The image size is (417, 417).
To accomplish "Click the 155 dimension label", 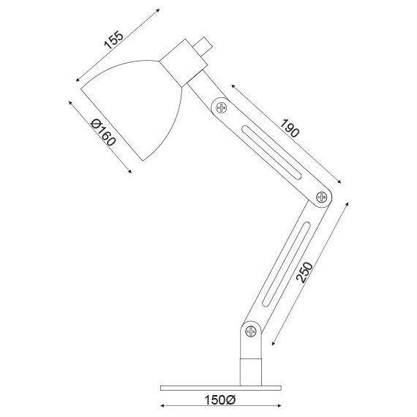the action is [114, 40].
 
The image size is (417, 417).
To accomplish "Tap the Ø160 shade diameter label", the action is [103, 132].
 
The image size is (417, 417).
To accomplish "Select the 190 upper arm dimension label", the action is [290, 128].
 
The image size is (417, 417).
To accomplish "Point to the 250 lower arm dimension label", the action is [304, 272].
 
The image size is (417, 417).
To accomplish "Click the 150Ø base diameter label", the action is [219, 400].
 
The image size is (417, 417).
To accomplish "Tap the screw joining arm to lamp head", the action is [221, 108].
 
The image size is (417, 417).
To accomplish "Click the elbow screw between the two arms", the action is [321, 198].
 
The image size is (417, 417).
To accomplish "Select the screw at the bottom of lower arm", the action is [250, 331].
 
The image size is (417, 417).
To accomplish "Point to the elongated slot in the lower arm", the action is [286, 264].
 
